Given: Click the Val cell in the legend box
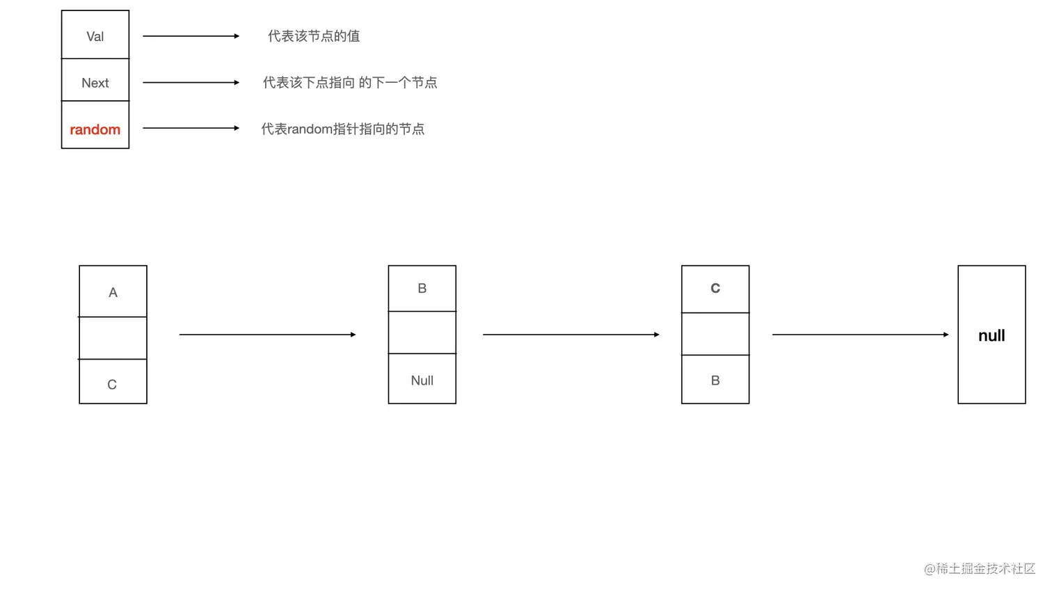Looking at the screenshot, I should pyautogui.click(x=95, y=36).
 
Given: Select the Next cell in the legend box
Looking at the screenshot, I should pyautogui.click(x=95, y=83).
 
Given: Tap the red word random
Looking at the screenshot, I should pyautogui.click(x=95, y=129).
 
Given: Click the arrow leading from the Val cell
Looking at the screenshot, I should pyautogui.click(x=191, y=36).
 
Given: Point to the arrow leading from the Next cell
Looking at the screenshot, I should pyautogui.click(x=191, y=83).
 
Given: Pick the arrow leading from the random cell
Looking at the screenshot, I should pyautogui.click(x=191, y=128).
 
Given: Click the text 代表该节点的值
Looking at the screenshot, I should pyautogui.click(x=314, y=36).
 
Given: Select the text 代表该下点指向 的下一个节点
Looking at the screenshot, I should pyautogui.click(x=350, y=83).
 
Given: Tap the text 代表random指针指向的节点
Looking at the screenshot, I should pyautogui.click(x=342, y=129).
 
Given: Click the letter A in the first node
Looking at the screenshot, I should pyautogui.click(x=113, y=293).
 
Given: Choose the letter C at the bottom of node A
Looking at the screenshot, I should pyautogui.click(x=112, y=385).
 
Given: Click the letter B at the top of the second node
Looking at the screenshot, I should pyautogui.click(x=422, y=289).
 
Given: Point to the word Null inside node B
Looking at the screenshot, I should pyautogui.click(x=422, y=381).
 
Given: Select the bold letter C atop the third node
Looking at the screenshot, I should pyautogui.click(x=715, y=289).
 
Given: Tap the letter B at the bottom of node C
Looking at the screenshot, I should pyautogui.click(x=715, y=381).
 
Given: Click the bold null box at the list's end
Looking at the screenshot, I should pyautogui.click(x=991, y=335).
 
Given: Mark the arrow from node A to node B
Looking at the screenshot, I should pyautogui.click(x=267, y=335).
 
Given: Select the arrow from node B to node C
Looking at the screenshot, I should pyautogui.click(x=571, y=335).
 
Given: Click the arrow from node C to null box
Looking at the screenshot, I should pyautogui.click(x=860, y=335).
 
